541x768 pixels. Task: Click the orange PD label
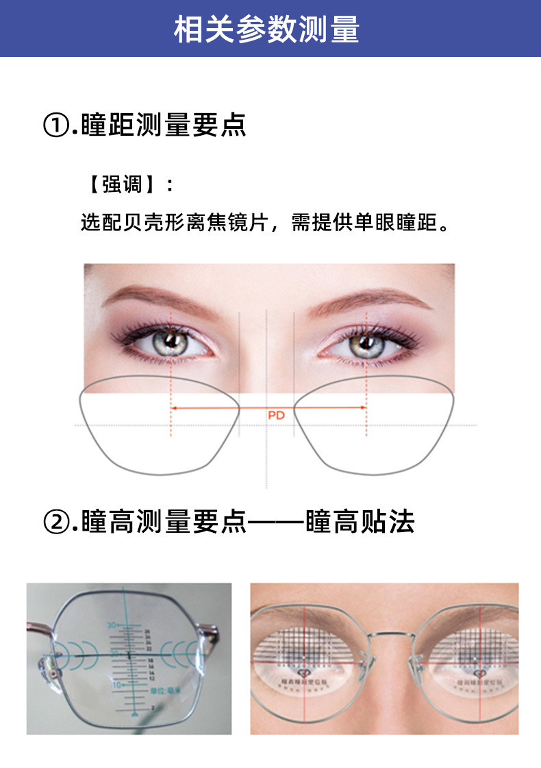point(275,415)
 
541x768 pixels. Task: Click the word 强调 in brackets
point(123,184)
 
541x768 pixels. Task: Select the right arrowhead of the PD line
point(364,408)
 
